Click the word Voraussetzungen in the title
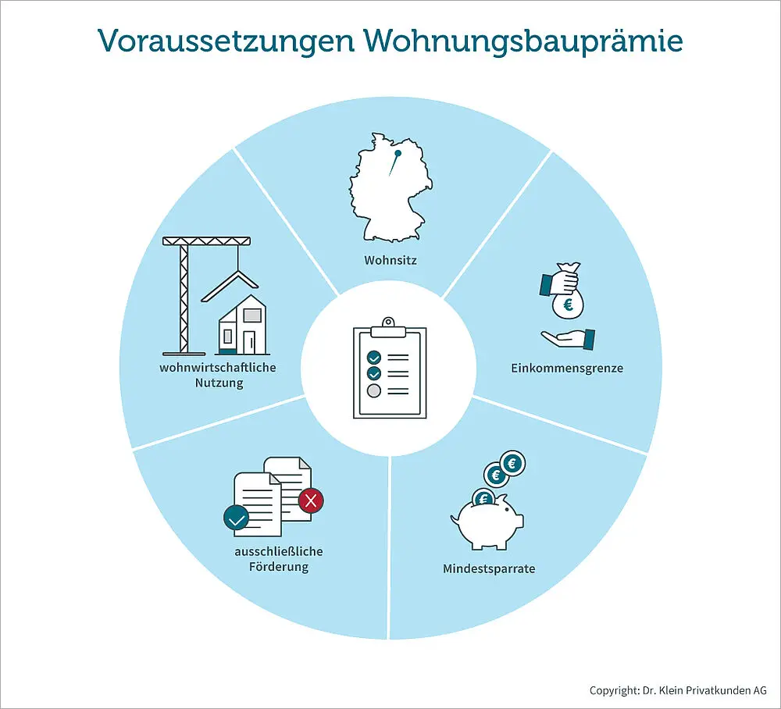coord(226,41)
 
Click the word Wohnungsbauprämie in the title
coord(523,41)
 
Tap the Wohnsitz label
coord(390,260)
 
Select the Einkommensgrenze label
coord(567,368)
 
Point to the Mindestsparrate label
coord(489,568)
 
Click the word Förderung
coord(279,567)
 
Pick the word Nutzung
coord(219,383)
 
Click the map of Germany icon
coord(390,187)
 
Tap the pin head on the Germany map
coord(398,154)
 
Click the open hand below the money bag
coord(569,339)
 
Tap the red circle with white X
coord(311,501)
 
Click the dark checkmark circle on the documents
coord(237,518)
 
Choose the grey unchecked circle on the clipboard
coord(373,391)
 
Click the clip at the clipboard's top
coord(388,327)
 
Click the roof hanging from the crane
coord(230,285)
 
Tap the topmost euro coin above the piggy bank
coord(512,464)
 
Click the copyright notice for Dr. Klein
coord(678,690)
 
